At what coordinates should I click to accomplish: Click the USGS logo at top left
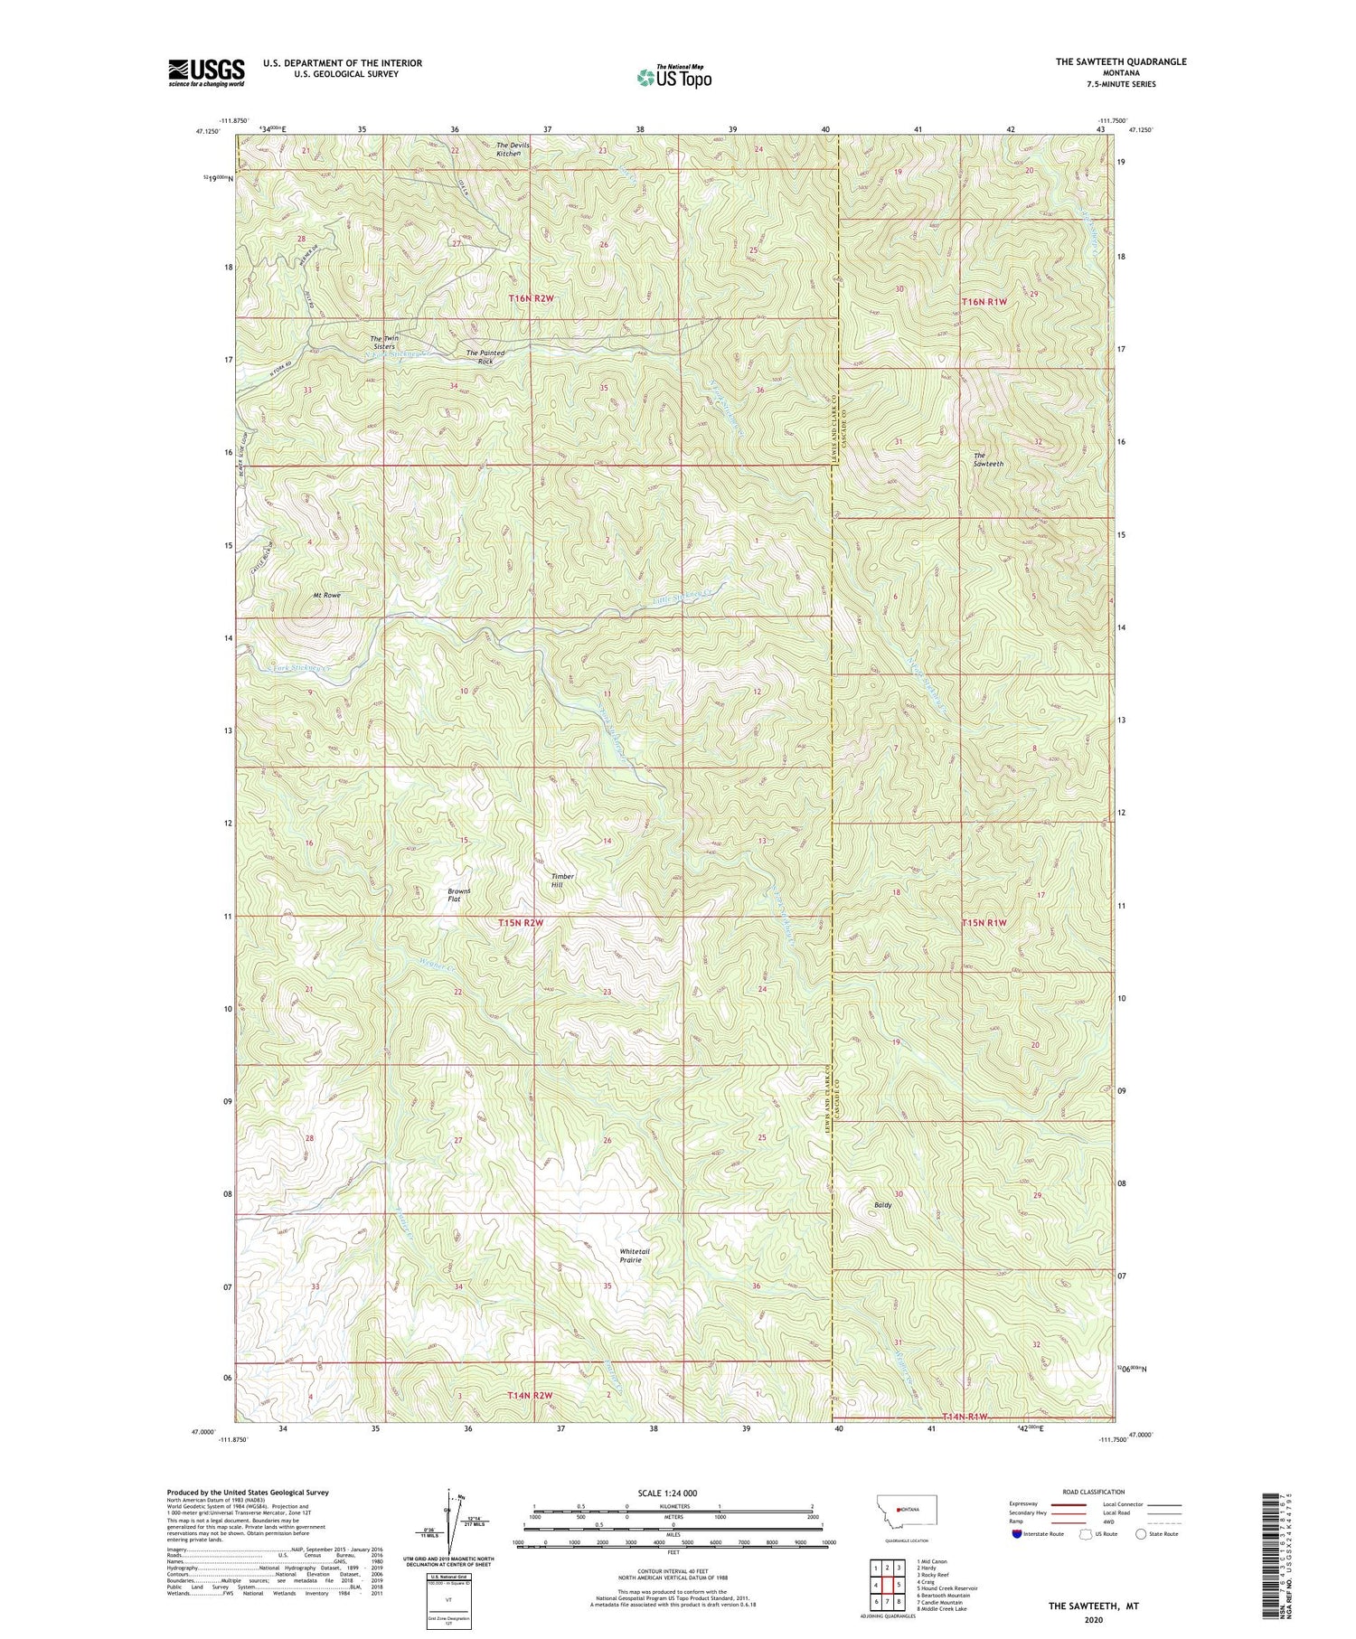tap(206, 72)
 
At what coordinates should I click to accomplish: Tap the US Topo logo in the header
tap(673, 77)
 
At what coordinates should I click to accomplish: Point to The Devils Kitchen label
tap(509, 149)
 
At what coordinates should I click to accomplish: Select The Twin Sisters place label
tap(382, 343)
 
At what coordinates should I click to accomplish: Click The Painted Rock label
tap(485, 356)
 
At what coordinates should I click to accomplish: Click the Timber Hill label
tap(562, 880)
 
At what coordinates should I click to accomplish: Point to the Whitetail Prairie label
tap(635, 1255)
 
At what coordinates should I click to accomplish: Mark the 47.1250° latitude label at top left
tap(206, 131)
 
